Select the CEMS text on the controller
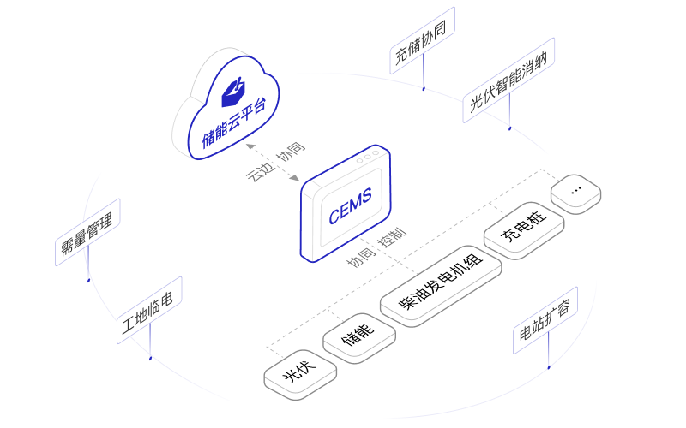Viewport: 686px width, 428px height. click(350, 208)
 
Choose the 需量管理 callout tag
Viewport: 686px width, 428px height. click(88, 232)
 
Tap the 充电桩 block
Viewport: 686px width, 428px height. click(524, 229)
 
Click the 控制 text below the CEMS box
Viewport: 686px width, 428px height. click(393, 239)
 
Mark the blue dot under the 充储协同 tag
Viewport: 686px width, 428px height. click(424, 87)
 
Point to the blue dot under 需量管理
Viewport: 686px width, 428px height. click(88, 279)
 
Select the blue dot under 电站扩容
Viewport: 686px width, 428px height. click(548, 367)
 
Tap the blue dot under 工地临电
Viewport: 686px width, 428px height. click(150, 358)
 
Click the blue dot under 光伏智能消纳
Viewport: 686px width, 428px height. click(509, 129)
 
